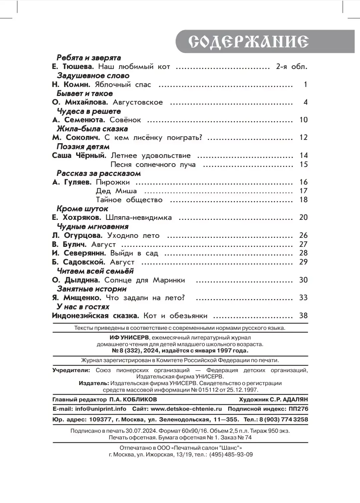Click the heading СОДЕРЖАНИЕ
(248, 41)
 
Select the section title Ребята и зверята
(89, 58)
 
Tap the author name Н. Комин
(71, 85)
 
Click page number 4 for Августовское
(305, 102)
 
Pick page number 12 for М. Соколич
(303, 138)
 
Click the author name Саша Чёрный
(79, 156)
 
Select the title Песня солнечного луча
(153, 165)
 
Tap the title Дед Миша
(116, 191)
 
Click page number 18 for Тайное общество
(303, 200)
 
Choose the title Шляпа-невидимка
(139, 218)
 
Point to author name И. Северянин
(79, 253)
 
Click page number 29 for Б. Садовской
(303, 262)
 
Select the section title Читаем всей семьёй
(95, 271)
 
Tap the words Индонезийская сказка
(95, 316)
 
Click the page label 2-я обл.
(291, 67)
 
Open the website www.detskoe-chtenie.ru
(186, 409)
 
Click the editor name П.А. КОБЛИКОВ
(133, 399)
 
